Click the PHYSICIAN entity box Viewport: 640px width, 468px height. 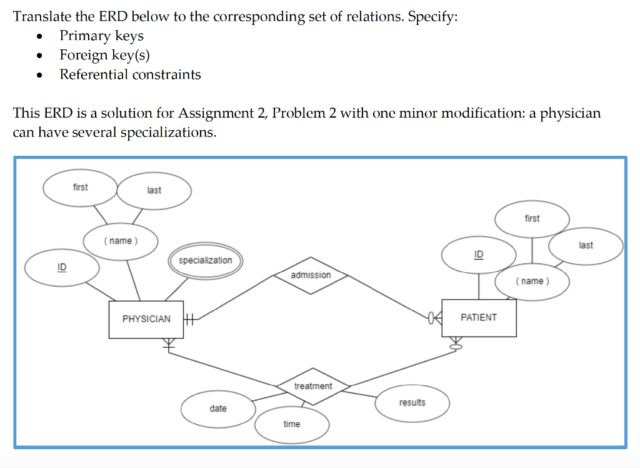coord(146,319)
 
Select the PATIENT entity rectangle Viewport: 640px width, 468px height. coord(479,318)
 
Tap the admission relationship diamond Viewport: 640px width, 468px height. coord(311,275)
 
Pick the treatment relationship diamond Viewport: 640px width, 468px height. coord(313,386)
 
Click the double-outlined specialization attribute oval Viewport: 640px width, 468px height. coord(205,260)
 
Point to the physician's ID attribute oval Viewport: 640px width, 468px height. coord(62,268)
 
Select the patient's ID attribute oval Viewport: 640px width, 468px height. coord(479,255)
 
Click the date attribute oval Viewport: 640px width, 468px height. coord(218,409)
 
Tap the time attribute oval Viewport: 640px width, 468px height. coord(292,424)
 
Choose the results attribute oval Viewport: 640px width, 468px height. coord(412,402)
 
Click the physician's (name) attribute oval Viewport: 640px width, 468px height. coord(121,241)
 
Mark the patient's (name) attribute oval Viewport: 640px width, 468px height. coord(532,281)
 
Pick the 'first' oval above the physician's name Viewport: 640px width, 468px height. coord(80,187)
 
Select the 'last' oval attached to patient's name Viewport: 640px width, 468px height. coord(586,245)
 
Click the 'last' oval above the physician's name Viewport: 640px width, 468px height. coord(154,190)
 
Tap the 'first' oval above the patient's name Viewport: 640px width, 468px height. coord(532,218)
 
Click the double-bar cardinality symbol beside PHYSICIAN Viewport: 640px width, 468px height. coord(191,319)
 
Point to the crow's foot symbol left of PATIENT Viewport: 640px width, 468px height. coord(434,318)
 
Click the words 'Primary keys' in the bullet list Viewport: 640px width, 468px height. coord(101,36)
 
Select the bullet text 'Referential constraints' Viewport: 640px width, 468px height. coord(130,74)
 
